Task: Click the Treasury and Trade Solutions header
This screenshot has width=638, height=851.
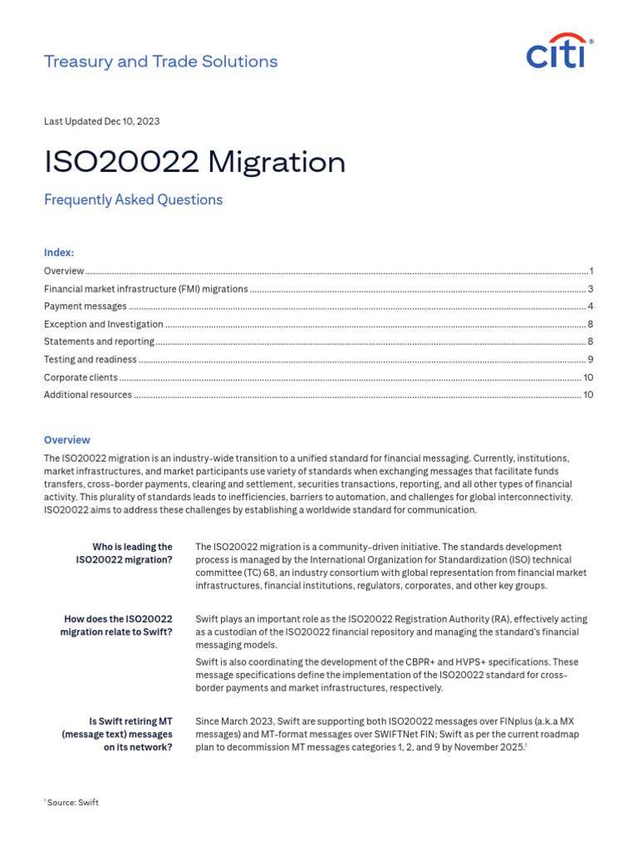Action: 160,61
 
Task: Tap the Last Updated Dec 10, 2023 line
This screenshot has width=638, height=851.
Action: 101,121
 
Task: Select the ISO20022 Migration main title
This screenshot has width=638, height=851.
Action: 194,162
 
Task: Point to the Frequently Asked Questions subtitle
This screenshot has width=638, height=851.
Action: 133,200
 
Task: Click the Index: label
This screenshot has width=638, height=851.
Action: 58,253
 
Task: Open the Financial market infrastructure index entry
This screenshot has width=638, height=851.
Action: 145,289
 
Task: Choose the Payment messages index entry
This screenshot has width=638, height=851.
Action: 86,307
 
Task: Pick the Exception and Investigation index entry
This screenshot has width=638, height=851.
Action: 103,324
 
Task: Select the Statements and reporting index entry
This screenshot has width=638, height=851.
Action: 99,342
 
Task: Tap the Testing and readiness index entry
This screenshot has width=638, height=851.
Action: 90,360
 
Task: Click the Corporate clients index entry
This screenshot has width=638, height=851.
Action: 81,377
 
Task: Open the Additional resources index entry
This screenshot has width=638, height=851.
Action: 87,395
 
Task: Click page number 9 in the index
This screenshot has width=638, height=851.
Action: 590,360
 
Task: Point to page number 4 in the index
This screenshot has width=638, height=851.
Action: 590,307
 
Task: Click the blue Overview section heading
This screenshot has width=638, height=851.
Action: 66,440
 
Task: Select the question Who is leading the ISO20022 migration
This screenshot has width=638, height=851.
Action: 124,553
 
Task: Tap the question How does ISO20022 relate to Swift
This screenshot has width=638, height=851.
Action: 116,626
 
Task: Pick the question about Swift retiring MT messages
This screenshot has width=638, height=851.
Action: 117,734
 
